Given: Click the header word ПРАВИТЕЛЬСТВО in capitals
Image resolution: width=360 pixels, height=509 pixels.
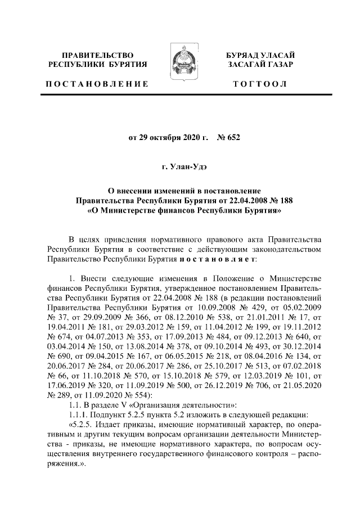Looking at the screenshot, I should (98, 55).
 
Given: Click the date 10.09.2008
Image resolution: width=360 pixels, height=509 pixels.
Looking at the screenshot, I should (199, 308).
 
